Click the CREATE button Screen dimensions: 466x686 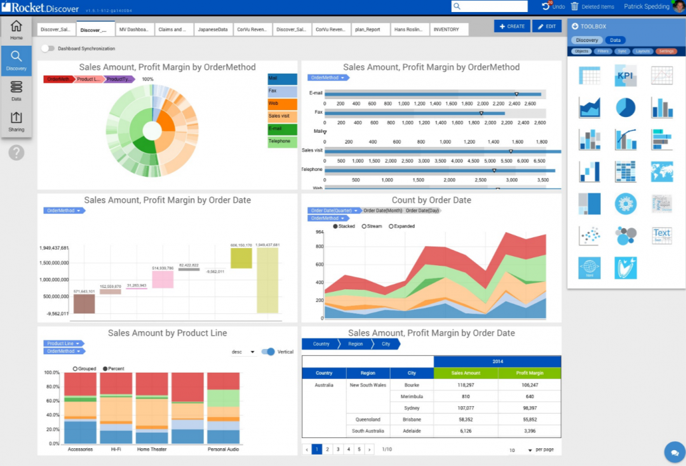pos(512,26)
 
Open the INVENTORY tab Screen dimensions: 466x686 pos(446,29)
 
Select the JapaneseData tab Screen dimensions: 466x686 pos(213,29)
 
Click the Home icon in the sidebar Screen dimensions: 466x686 pos(16,29)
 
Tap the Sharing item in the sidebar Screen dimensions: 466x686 pos(16,121)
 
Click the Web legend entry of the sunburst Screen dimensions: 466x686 pos(282,104)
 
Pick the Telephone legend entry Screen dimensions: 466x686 pos(282,141)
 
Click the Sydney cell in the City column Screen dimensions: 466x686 pos(412,408)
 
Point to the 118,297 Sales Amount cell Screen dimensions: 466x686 pos(466,385)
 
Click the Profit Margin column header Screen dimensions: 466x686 pos(529,373)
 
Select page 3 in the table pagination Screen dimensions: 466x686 pos(337,449)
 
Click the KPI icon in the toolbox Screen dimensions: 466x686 pos(625,76)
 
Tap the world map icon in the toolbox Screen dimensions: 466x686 pos(661,172)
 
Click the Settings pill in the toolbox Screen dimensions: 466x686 pos(666,51)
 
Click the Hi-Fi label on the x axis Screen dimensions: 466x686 pos(116,449)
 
